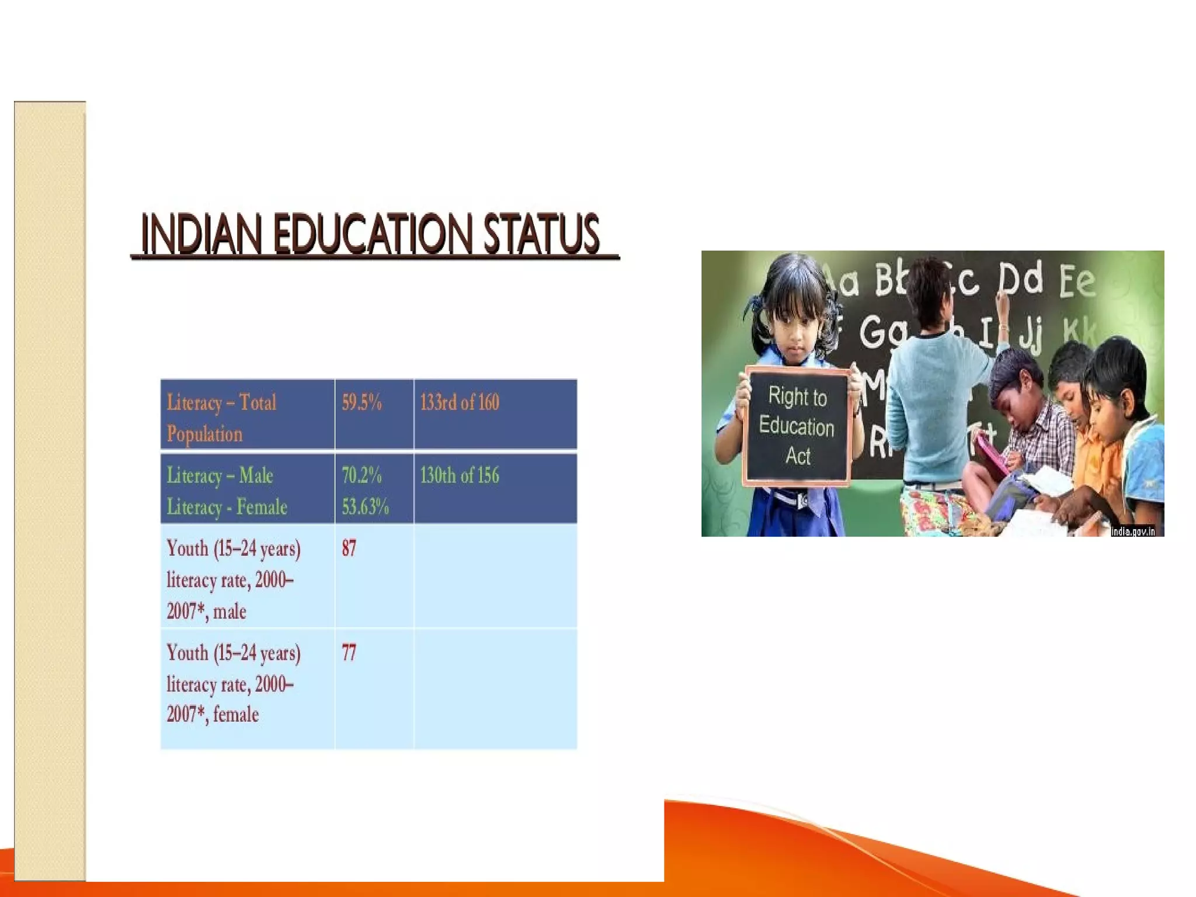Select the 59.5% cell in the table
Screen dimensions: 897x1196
coord(361,403)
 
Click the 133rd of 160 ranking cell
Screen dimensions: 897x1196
coord(460,403)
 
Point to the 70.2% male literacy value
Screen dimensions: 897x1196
coord(361,475)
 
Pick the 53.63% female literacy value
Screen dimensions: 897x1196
coord(365,506)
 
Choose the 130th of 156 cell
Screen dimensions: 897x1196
coord(460,475)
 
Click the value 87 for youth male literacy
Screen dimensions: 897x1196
coord(349,548)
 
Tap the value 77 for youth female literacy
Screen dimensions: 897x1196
coord(349,652)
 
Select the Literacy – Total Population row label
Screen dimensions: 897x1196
coord(221,418)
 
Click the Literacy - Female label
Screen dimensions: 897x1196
coord(227,506)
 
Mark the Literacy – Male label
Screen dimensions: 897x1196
coord(220,475)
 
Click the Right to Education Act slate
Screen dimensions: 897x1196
coord(797,426)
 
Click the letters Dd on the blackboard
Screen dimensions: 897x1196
coord(1020,279)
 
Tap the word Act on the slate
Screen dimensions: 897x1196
coord(798,456)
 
